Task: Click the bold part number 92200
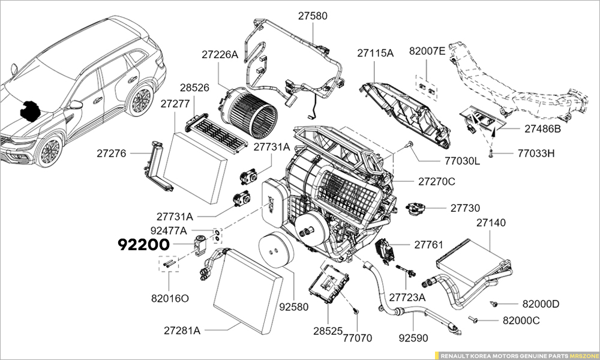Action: pos(145,244)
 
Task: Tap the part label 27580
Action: pos(313,16)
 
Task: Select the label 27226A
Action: pos(220,55)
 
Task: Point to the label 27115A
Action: pos(375,53)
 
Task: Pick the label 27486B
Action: pos(542,129)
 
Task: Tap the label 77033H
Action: pos(536,153)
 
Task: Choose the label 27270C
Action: pos(437,181)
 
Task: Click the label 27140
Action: pos(491,223)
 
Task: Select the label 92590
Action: pos(413,338)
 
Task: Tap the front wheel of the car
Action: pos(50,151)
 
